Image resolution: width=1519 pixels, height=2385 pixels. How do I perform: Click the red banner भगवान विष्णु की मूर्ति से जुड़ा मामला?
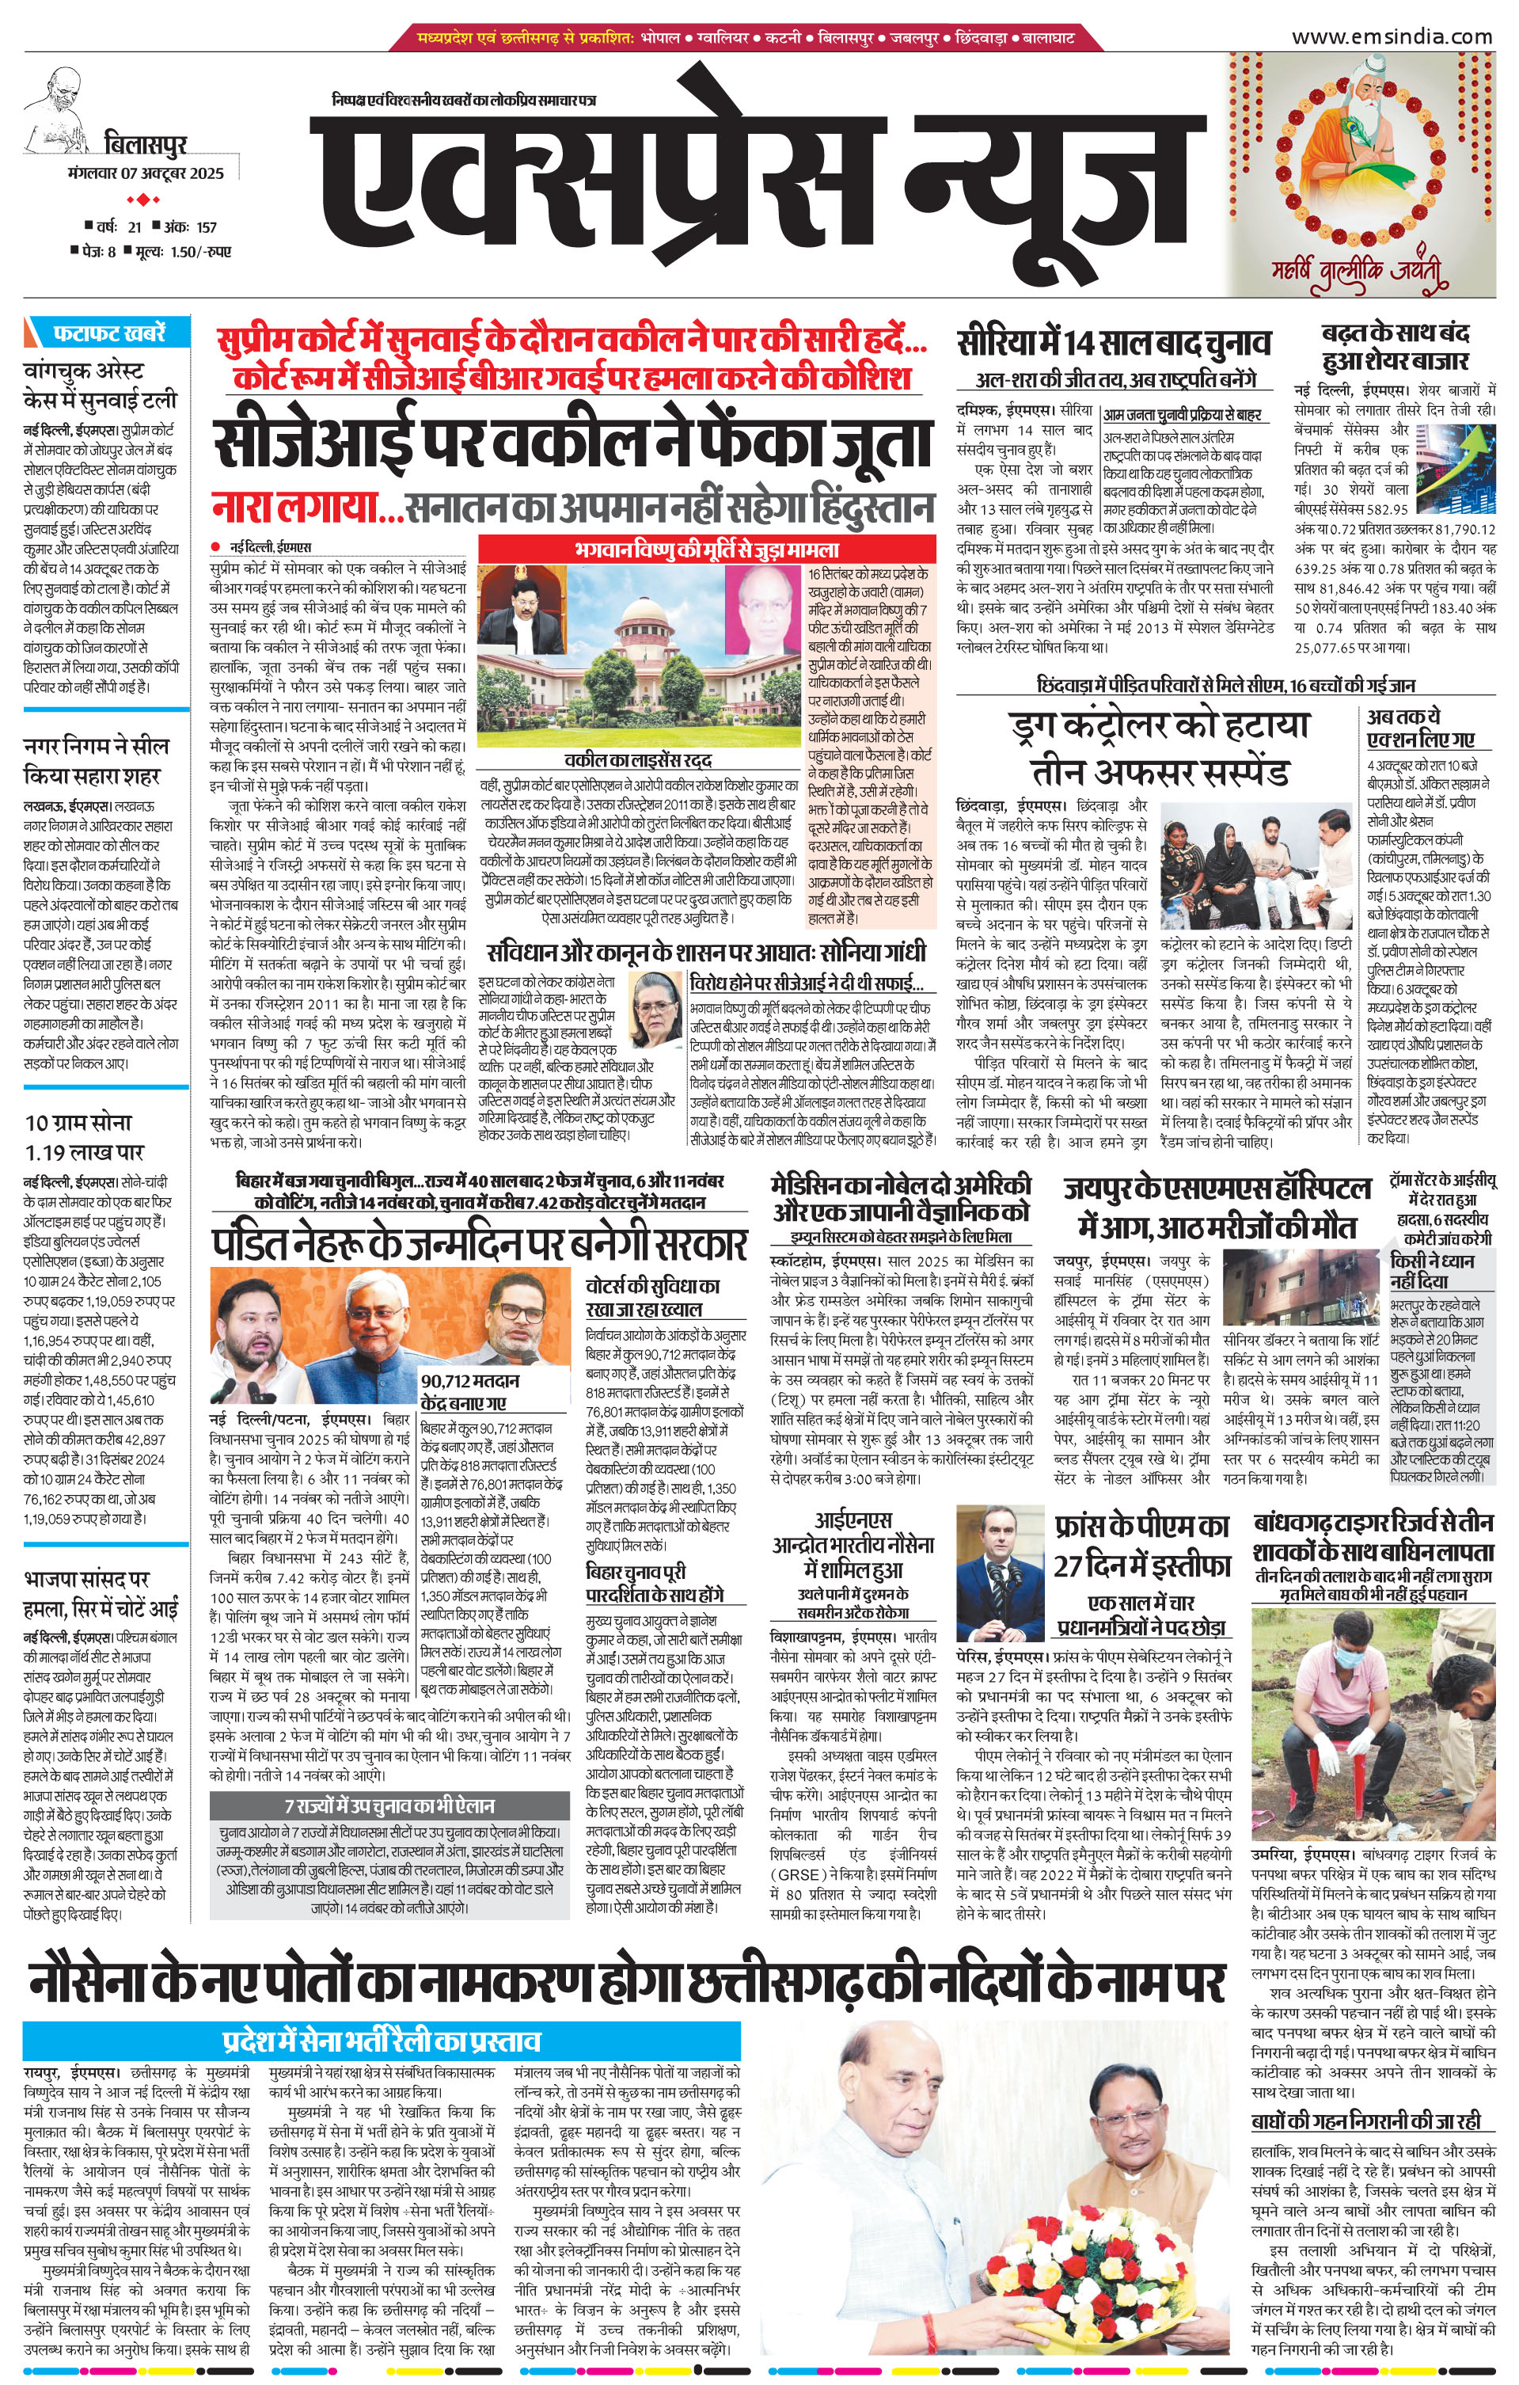click(706, 549)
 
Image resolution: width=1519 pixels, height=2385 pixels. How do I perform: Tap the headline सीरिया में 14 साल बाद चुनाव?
click(1114, 344)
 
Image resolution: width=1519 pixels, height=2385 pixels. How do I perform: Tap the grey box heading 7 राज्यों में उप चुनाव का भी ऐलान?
click(389, 1805)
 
